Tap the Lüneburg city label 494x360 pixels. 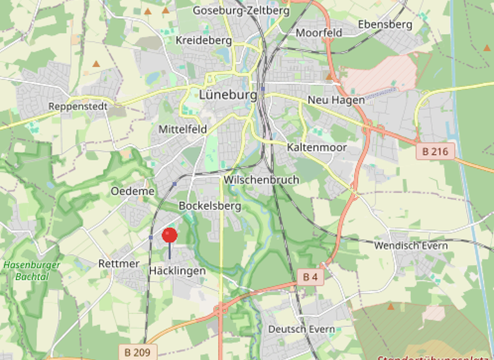(228, 94)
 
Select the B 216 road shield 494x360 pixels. (435, 152)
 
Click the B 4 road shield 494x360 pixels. (310, 277)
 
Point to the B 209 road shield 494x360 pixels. (137, 352)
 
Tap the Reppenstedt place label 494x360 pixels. (78, 107)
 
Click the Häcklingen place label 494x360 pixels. (177, 271)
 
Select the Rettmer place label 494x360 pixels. (119, 264)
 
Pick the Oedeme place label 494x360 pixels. (133, 191)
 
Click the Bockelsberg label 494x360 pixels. (210, 206)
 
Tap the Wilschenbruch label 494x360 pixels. (261, 180)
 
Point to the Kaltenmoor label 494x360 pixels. (316, 147)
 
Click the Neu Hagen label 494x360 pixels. (336, 100)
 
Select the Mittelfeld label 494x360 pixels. (183, 129)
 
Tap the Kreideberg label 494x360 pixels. (203, 40)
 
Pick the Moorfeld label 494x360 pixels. (318, 32)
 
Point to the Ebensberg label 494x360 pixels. (385, 24)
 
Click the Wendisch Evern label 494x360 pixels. (411, 246)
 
